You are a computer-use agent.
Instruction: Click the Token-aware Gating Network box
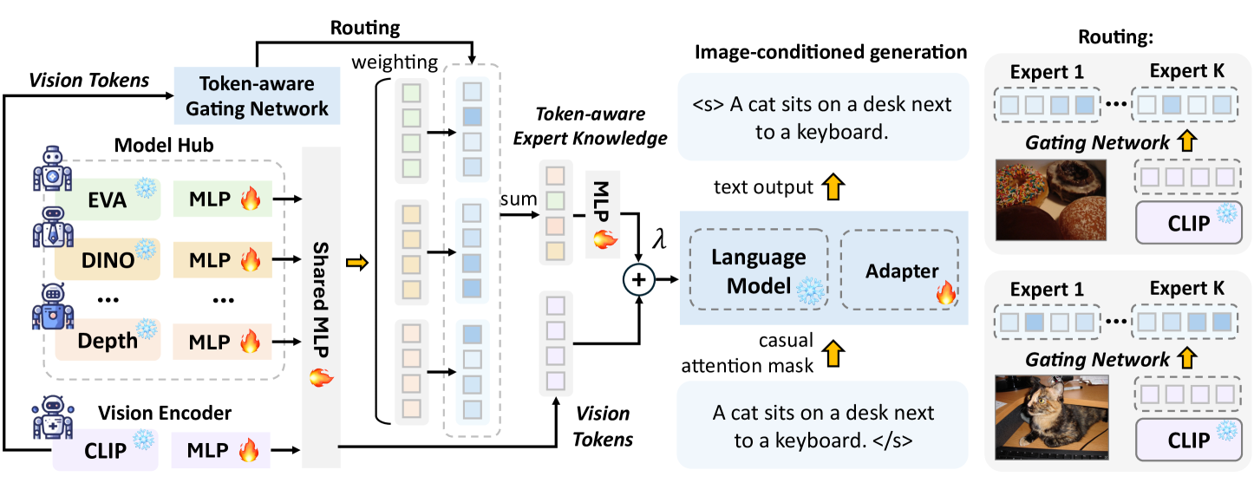point(257,95)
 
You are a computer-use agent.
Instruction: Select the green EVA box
point(108,199)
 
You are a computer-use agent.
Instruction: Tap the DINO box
point(108,259)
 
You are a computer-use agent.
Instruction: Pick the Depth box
point(108,340)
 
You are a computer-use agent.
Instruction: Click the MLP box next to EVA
point(223,199)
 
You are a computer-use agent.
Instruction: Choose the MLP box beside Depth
point(222,342)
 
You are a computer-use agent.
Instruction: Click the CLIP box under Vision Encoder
point(105,450)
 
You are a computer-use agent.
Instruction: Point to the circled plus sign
point(639,279)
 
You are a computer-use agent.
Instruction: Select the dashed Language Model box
point(759,270)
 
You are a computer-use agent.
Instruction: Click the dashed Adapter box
point(899,270)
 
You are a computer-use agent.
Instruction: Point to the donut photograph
point(1051,199)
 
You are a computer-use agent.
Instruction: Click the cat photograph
point(1051,417)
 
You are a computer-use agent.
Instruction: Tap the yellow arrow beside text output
point(833,187)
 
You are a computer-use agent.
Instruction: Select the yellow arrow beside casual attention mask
point(833,354)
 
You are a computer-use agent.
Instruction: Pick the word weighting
point(395,62)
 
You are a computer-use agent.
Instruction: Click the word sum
point(519,199)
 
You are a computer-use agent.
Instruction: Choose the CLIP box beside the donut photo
point(1188,223)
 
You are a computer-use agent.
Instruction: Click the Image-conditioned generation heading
point(831,52)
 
